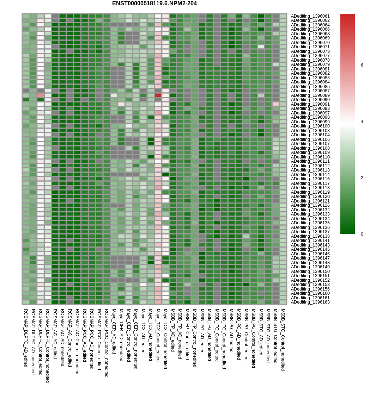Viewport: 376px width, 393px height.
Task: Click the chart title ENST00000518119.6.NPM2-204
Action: point(154,4)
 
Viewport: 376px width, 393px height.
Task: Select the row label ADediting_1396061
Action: point(310,16)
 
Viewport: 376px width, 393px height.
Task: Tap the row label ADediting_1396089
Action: point(310,95)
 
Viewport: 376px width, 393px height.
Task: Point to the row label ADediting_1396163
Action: point(310,302)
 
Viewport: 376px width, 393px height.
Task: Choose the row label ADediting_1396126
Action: point(310,205)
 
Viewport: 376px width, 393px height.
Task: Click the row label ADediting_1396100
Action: point(310,126)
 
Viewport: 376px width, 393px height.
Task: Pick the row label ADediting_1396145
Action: point(310,249)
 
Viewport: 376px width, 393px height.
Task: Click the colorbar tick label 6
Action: point(362,65)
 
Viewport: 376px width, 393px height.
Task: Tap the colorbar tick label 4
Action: point(362,121)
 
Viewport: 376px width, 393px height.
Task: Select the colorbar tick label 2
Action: point(362,178)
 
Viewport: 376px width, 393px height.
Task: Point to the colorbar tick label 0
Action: point(362,234)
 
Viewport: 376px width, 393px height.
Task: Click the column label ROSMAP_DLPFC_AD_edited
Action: point(26,338)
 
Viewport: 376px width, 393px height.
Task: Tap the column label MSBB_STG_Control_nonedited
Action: point(283,340)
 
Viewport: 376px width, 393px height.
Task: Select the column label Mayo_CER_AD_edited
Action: point(114,331)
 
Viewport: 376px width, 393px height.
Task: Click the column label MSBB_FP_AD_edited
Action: point(173,330)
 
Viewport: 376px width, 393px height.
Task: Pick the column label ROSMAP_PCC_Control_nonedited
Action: point(107,343)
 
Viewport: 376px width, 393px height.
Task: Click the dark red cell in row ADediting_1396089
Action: point(158,95)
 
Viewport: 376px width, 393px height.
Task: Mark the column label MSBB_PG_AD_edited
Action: point(231,331)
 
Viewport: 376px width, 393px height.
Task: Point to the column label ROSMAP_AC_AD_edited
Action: point(55,334)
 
